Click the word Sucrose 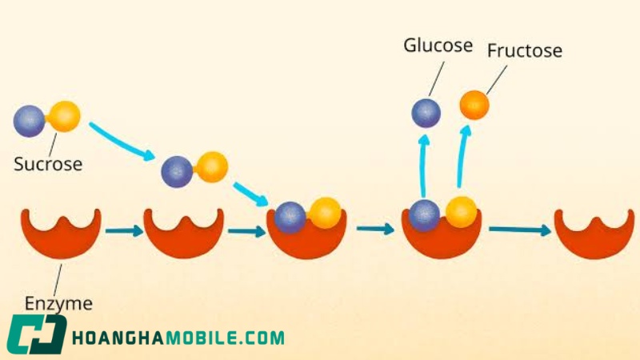click(x=48, y=164)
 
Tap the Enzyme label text click(x=58, y=304)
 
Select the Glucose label click(x=438, y=45)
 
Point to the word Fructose click(x=525, y=50)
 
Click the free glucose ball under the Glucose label click(x=426, y=113)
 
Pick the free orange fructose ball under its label click(x=474, y=105)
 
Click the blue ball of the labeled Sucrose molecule click(x=29, y=122)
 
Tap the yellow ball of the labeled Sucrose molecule click(x=64, y=116)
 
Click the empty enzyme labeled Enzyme click(x=62, y=233)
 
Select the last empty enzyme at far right click(x=594, y=234)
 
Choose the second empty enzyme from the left click(x=184, y=233)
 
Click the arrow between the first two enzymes click(x=124, y=231)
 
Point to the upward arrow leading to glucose click(x=424, y=166)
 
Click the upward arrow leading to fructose click(x=463, y=156)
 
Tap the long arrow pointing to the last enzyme click(x=520, y=230)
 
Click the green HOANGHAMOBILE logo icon click(x=36, y=334)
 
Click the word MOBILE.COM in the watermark click(x=226, y=338)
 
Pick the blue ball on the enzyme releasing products click(x=425, y=216)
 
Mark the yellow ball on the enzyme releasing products click(x=462, y=212)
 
